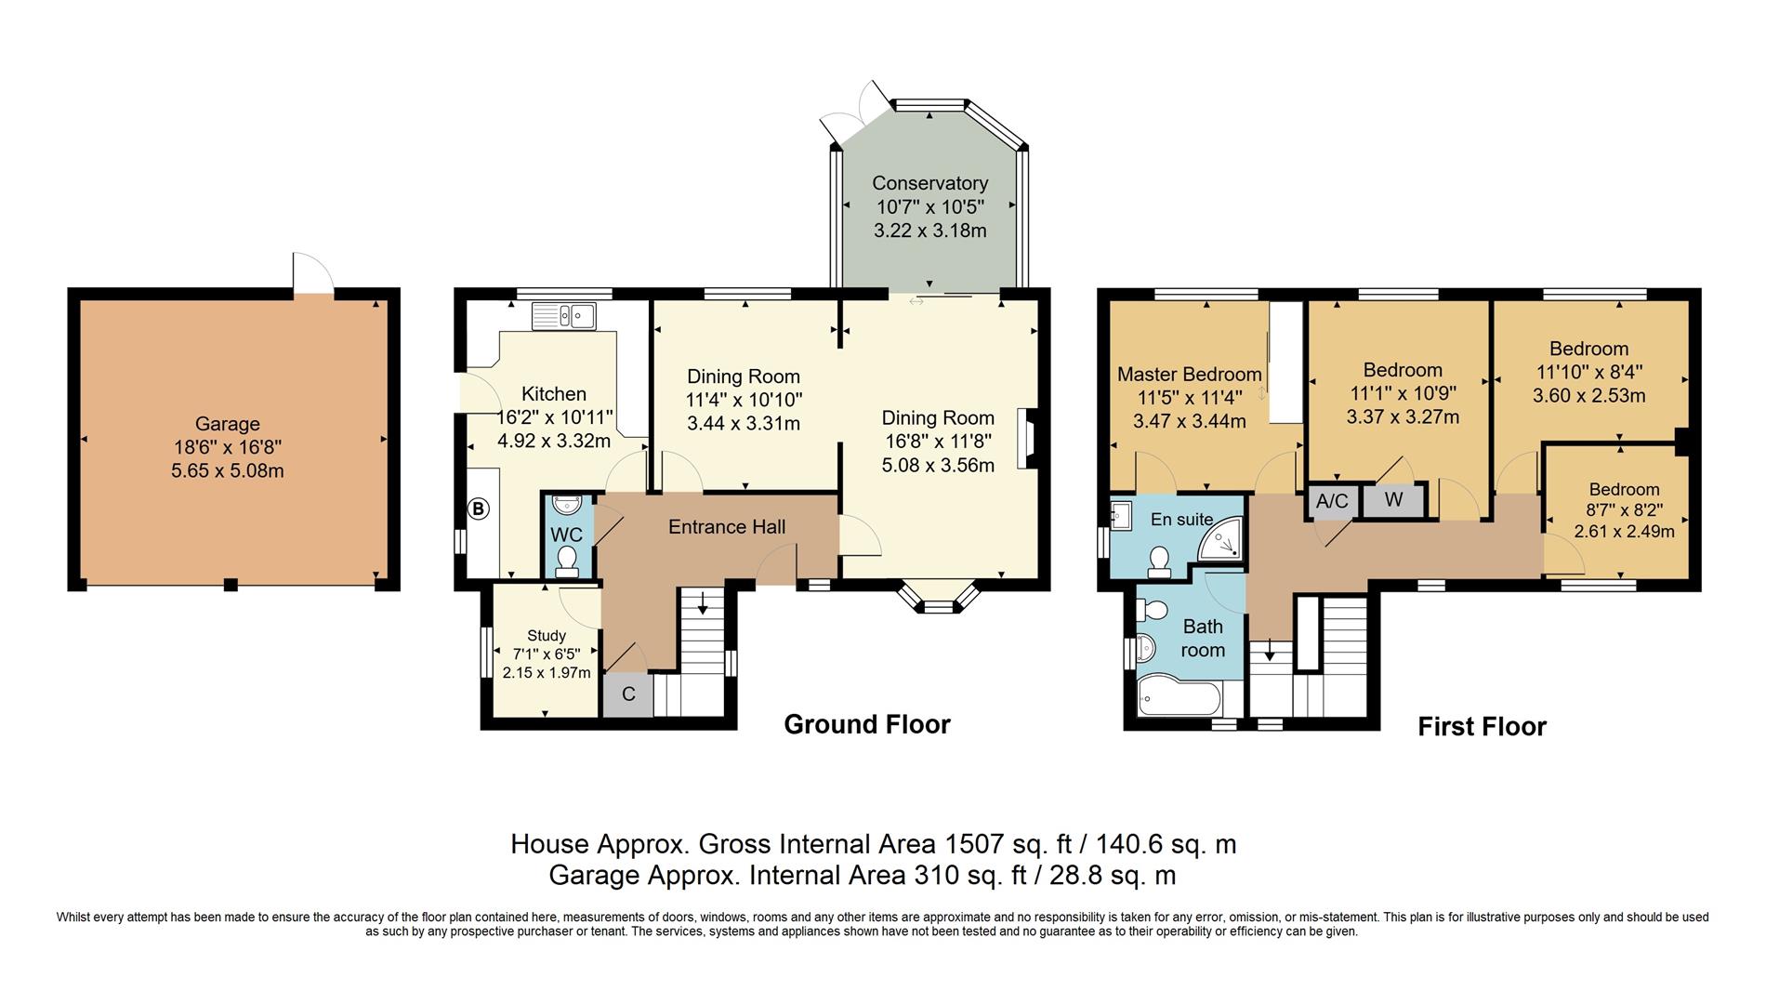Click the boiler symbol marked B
pos(478,509)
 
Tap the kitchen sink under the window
pos(564,316)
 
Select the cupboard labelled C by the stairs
pos(628,694)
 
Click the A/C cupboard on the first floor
pos(1332,501)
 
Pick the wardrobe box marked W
pos(1393,500)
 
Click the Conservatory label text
pos(929,183)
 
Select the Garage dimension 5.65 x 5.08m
pos(228,470)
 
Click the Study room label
pos(547,636)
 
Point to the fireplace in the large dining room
pos(1026,439)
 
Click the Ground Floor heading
pos(866,724)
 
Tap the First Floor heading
pos(1482,726)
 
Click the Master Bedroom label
pos(1189,375)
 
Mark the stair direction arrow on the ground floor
pos(703,603)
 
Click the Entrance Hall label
pos(727,527)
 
